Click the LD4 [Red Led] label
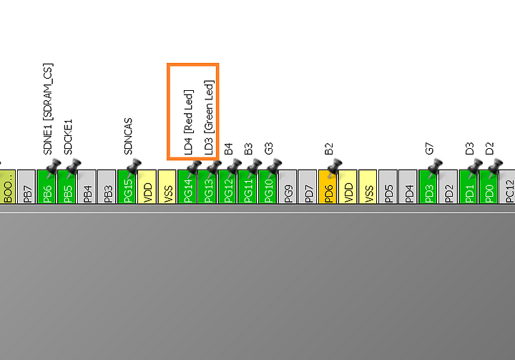tap(189, 122)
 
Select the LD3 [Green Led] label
tap(209, 117)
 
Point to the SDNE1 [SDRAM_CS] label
tap(48, 109)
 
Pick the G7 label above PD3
tap(429, 149)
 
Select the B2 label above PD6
tap(329, 149)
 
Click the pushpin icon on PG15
tap(133, 167)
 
